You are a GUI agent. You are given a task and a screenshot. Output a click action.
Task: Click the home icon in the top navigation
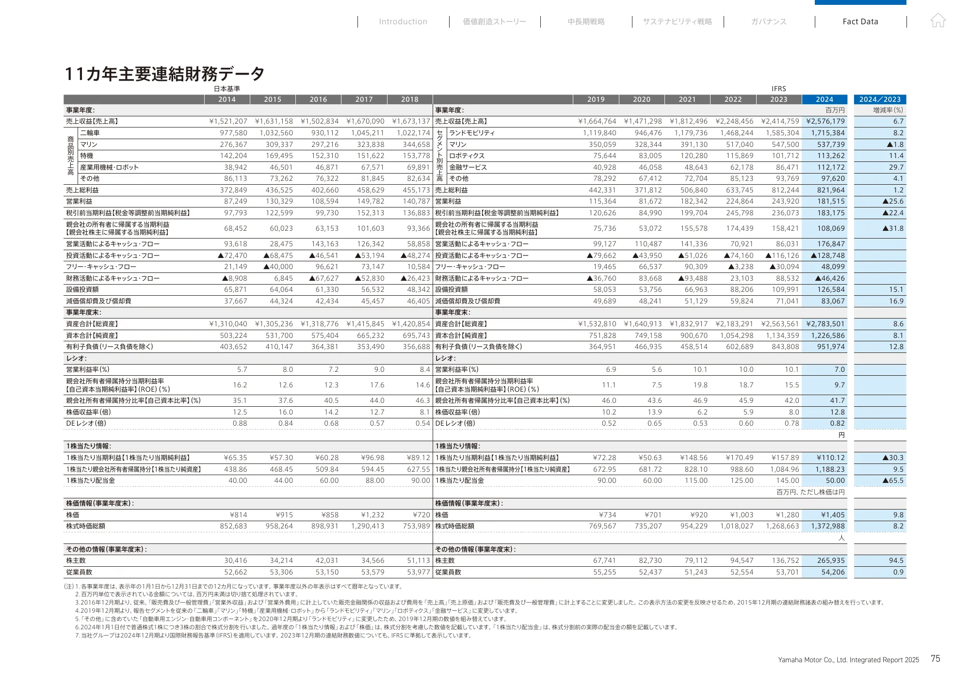[938, 20]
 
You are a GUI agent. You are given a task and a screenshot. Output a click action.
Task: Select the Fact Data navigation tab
[860, 21]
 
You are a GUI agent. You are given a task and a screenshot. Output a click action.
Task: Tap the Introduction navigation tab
[403, 21]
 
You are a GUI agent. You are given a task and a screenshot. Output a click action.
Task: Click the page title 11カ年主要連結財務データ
[165, 74]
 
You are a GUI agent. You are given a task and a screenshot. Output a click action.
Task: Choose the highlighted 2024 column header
[824, 99]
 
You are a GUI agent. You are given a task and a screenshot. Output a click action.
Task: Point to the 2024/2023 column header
[880, 99]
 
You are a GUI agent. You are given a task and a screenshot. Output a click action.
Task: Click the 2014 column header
[227, 99]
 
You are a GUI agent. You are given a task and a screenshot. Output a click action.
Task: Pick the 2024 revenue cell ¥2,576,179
[825, 121]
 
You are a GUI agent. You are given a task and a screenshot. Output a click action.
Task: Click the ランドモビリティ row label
[472, 133]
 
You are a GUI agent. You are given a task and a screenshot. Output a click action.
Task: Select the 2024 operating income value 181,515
[831, 201]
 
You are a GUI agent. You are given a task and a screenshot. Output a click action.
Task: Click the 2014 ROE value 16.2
[240, 385]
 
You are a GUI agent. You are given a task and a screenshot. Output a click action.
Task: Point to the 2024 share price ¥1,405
[833, 515]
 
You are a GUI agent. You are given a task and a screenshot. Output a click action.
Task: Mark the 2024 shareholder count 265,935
[831, 560]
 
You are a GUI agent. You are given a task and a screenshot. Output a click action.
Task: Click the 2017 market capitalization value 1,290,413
[368, 526]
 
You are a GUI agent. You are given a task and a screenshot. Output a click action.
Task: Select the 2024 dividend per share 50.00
[835, 480]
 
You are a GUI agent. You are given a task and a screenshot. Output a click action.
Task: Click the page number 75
[935, 658]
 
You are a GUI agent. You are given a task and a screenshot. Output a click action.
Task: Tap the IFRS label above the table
[778, 89]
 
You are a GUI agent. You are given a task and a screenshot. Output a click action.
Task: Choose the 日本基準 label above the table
[227, 89]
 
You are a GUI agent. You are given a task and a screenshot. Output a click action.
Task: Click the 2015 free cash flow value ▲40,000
[278, 267]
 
